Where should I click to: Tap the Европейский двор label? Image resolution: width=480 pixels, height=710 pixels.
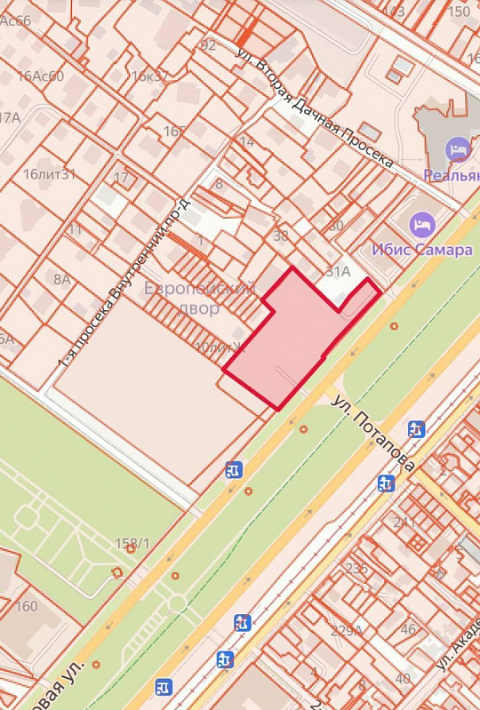point(199,297)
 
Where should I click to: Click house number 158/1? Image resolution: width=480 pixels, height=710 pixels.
point(132,543)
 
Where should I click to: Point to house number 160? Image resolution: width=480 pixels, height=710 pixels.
point(27,606)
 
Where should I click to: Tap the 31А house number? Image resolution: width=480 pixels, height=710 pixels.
point(339,272)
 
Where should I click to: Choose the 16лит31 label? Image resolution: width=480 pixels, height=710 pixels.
point(50,174)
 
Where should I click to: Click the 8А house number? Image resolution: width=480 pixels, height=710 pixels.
point(61,279)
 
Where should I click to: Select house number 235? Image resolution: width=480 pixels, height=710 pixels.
point(356,569)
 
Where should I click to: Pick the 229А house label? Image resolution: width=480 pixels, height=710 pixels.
point(346,631)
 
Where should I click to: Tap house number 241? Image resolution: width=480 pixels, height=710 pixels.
point(404,522)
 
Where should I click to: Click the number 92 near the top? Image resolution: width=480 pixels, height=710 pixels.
point(209,44)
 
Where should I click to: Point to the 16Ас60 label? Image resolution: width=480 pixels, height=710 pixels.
point(41,76)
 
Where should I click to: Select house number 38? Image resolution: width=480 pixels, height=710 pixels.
point(281,235)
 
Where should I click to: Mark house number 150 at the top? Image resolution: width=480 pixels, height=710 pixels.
point(460,12)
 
